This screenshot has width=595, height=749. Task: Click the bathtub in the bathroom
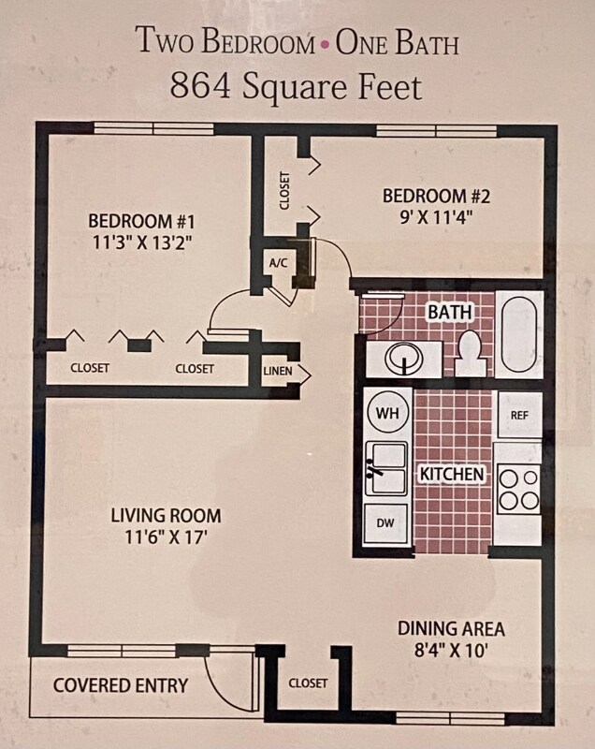[517, 335]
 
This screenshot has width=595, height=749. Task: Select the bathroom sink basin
[403, 358]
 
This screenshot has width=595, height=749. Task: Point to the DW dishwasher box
[385, 523]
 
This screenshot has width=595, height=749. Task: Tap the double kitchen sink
[386, 468]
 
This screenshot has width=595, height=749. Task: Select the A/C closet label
[278, 263]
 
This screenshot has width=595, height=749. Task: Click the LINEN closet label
[278, 372]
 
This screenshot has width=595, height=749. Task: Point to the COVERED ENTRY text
[120, 685]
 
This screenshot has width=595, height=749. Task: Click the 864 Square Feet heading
[296, 86]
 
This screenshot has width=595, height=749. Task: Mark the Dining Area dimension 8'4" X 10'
[451, 648]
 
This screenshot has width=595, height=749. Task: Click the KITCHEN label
[452, 475]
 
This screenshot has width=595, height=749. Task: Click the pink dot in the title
[325, 44]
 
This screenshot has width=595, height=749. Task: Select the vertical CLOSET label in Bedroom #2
[284, 190]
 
